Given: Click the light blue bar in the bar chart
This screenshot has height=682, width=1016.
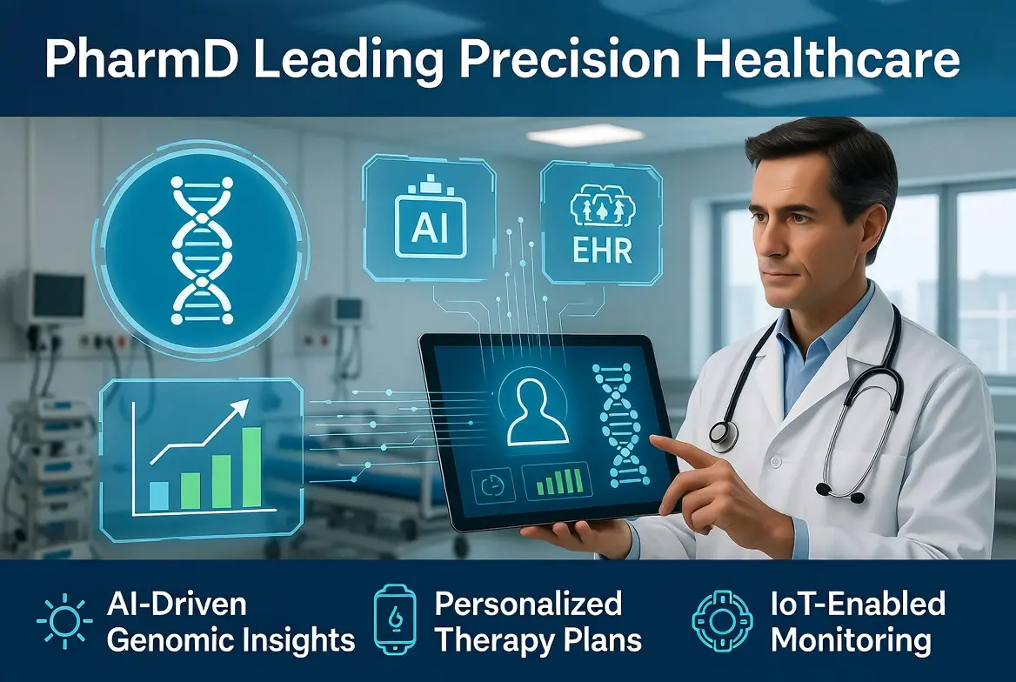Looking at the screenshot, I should point(158,495).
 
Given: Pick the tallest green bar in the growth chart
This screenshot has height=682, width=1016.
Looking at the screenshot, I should point(251,467).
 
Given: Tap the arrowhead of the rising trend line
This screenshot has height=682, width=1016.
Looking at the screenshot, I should point(241,405).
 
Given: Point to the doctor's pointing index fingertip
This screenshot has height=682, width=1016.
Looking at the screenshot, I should point(654,441).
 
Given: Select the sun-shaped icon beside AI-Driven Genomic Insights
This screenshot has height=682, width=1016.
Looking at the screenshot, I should point(63,623).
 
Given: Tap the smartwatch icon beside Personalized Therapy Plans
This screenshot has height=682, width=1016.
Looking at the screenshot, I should point(394,622).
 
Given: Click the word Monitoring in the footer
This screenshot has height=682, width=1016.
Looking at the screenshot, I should point(851,641).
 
